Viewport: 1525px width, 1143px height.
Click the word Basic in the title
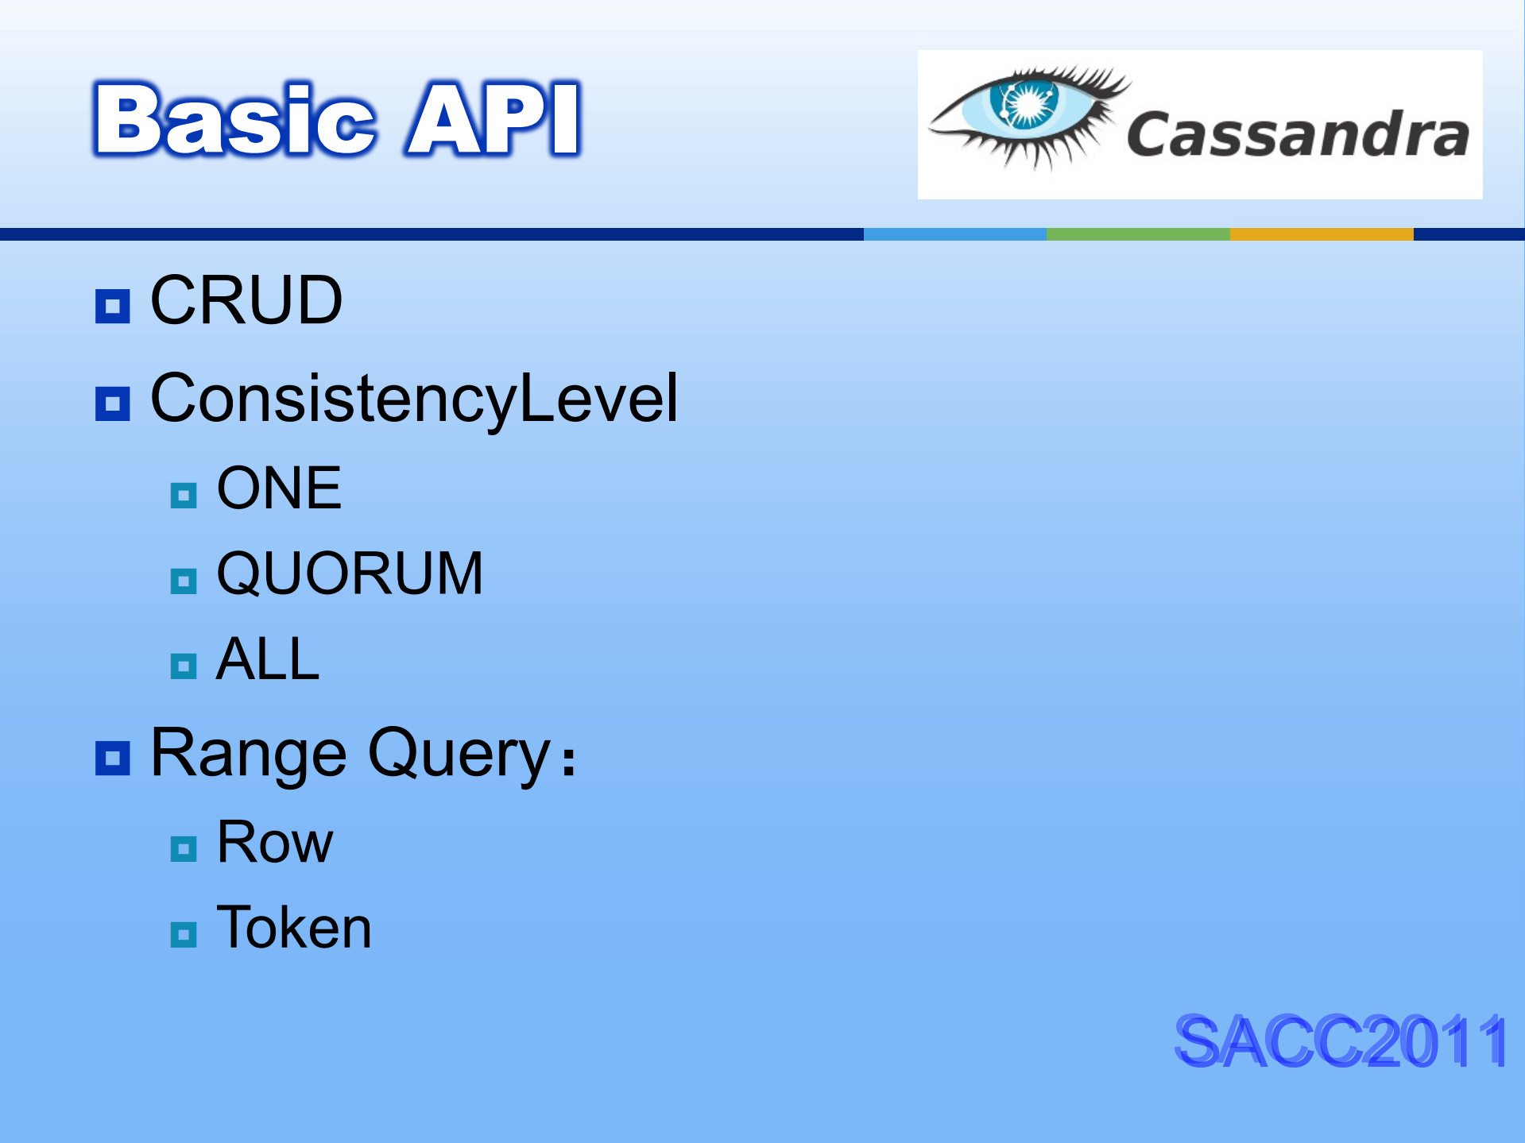(234, 119)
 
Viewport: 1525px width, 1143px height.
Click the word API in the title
(493, 119)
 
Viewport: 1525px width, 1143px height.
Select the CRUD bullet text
(246, 300)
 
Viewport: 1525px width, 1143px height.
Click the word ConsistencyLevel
(414, 398)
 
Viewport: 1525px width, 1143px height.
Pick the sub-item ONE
(279, 488)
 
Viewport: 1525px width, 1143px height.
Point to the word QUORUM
(350, 573)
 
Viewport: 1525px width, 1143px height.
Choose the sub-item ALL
(268, 658)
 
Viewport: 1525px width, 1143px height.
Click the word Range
(249, 754)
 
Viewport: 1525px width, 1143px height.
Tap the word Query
(459, 754)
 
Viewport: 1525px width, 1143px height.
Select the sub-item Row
(275, 842)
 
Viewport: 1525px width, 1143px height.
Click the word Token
(294, 927)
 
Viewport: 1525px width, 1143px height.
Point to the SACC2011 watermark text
(1341, 1041)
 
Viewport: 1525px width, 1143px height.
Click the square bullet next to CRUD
(112, 306)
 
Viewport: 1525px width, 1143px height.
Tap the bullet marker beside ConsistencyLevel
(112, 404)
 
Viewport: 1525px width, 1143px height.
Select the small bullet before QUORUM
(184, 581)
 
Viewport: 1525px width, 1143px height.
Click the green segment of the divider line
(1138, 234)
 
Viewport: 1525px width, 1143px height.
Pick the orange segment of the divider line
(1322, 234)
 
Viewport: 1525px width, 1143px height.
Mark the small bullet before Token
(184, 935)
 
